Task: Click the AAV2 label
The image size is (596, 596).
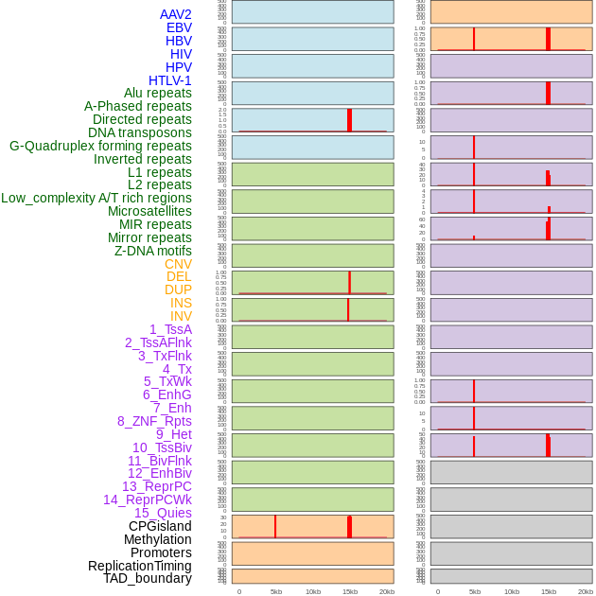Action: coord(175,14)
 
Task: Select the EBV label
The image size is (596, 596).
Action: coord(179,27)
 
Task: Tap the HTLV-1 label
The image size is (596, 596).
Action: coord(170,80)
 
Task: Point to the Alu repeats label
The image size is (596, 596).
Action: coord(158,93)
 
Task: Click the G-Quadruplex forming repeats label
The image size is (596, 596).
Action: coord(100,146)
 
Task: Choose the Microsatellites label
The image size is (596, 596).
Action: coord(149,211)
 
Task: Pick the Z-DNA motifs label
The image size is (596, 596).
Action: coord(153,251)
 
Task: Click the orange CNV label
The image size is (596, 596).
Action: coord(178,264)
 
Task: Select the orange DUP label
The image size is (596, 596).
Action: coord(178,289)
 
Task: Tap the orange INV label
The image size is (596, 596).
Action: coord(181,316)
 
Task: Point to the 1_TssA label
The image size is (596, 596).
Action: coord(170,329)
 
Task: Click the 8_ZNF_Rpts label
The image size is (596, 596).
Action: coord(154,421)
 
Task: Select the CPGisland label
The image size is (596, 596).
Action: coord(160,526)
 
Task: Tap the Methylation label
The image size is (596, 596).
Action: coord(157,539)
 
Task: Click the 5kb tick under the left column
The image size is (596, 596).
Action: coord(276,591)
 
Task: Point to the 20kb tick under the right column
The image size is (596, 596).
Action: coord(586,591)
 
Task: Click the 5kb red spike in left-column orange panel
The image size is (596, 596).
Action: coord(275,526)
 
